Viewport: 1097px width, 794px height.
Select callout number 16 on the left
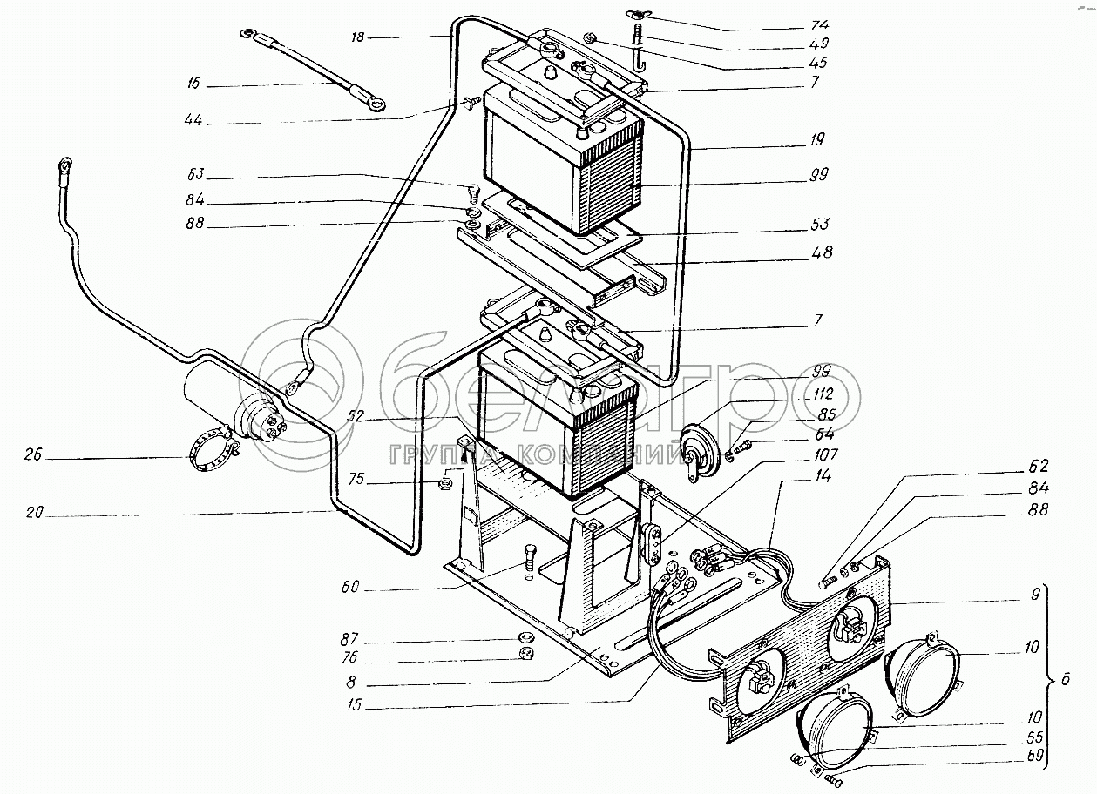193,84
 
